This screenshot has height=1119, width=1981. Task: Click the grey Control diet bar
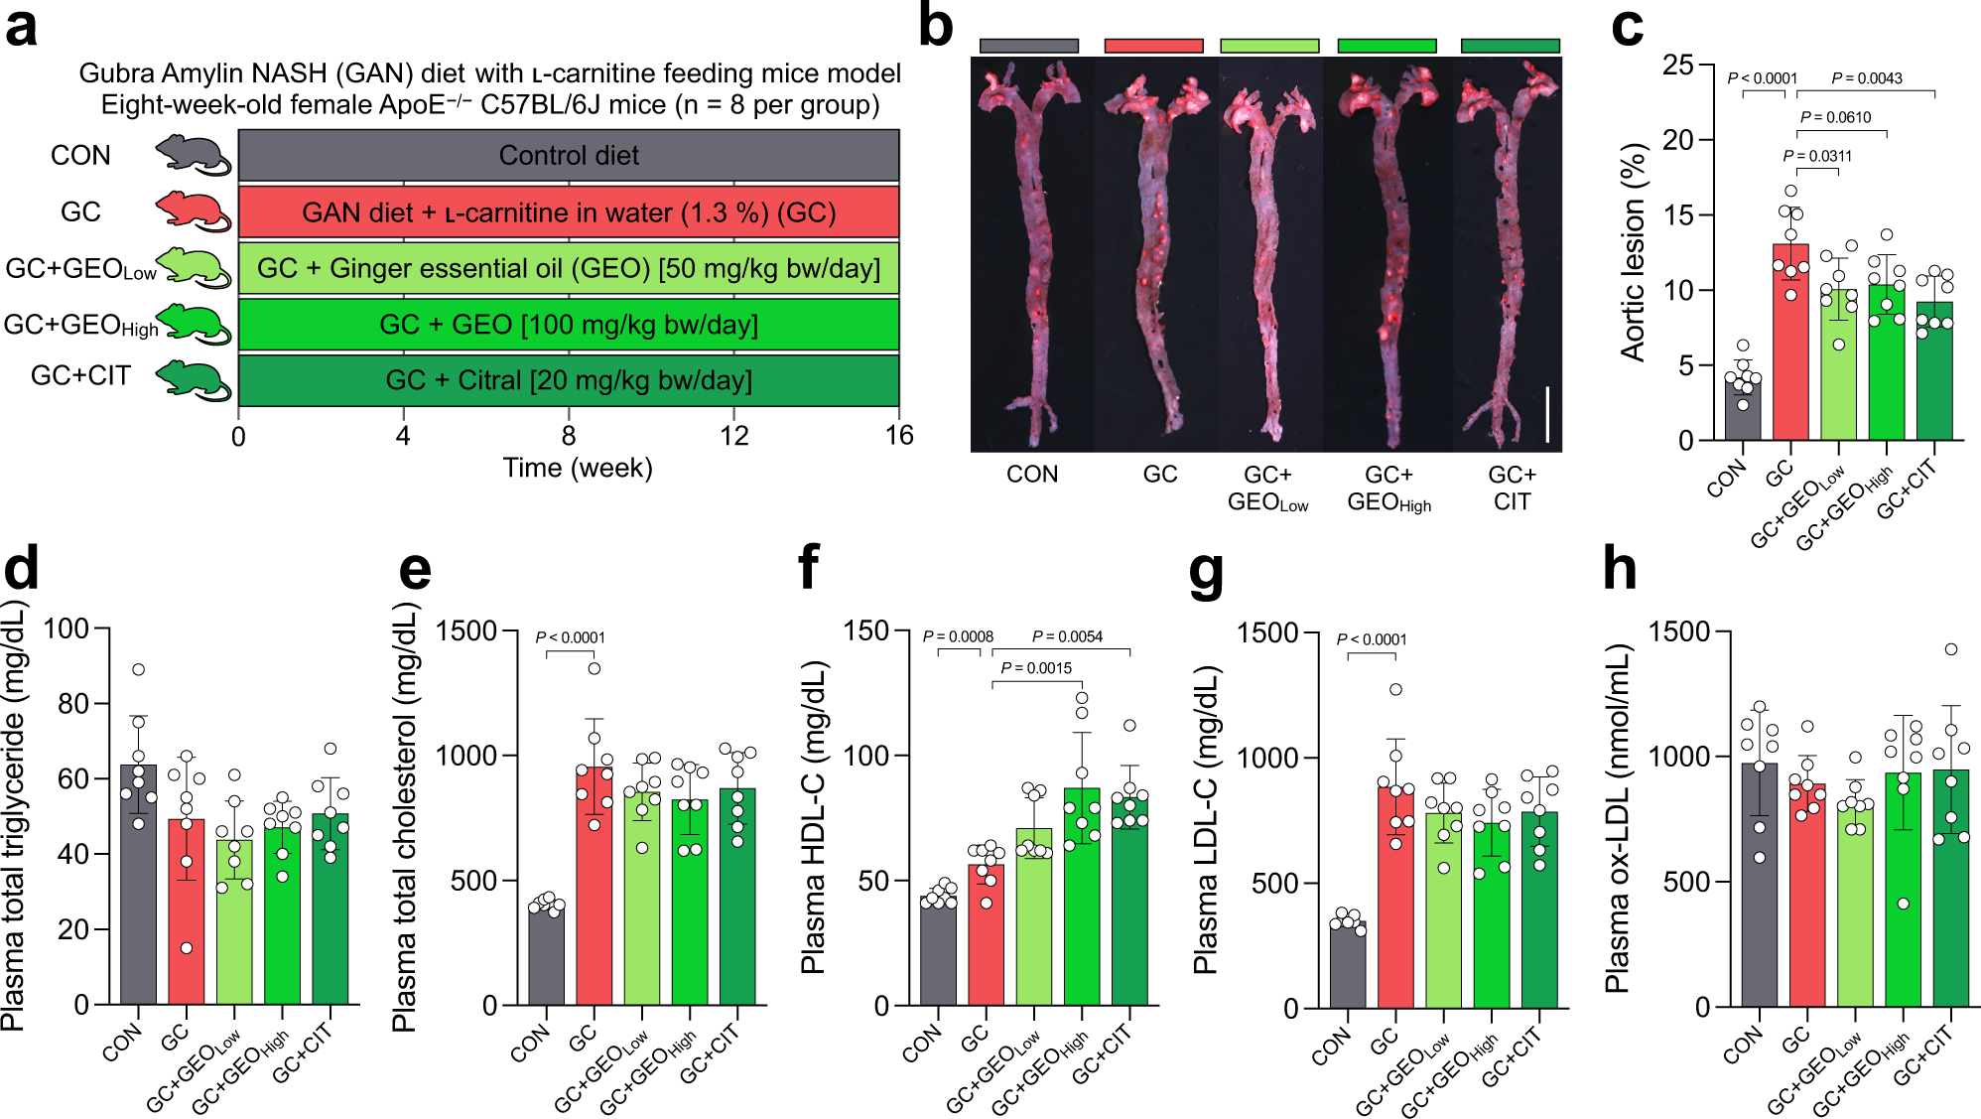[x=569, y=156]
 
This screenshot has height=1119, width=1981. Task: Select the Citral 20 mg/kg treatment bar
[x=569, y=380]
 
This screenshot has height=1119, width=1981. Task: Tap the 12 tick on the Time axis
[x=733, y=435]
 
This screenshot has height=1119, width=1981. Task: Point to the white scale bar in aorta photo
[x=1546, y=414]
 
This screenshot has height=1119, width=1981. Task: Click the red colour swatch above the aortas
[x=1153, y=46]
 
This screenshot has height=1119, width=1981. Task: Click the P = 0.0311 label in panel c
[x=1817, y=156]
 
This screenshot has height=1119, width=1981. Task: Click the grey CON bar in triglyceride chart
[x=138, y=884]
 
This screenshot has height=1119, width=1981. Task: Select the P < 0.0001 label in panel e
[x=570, y=637]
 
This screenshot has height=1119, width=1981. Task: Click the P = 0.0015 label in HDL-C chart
[x=1036, y=668]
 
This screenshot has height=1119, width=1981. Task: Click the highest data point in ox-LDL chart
[x=1951, y=649]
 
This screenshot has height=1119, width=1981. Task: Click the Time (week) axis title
[x=578, y=468]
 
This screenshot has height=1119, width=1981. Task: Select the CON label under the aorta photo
[x=1032, y=475]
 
